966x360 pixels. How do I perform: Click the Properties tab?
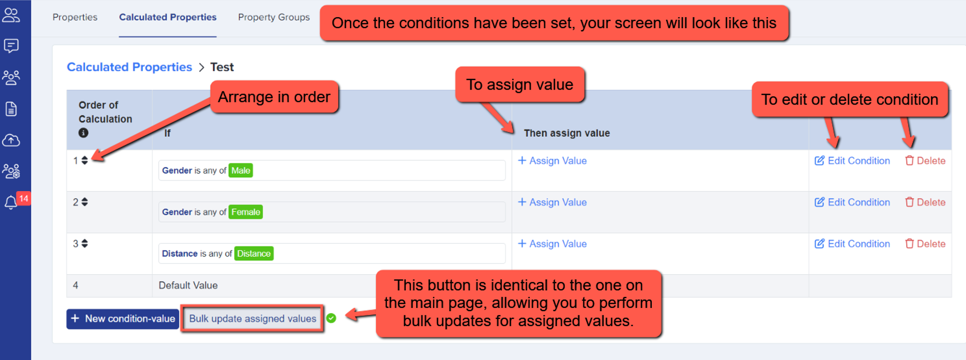pos(75,17)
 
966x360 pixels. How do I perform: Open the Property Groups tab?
pos(274,17)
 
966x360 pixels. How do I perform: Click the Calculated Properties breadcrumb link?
pos(130,67)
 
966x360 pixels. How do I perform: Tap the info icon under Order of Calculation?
pos(83,133)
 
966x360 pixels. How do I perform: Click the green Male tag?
pos(241,171)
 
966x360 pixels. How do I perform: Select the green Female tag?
pos(246,212)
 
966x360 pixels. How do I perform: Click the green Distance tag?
pos(254,254)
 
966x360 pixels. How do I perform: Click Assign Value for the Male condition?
pos(552,161)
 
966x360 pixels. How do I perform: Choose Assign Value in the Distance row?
pos(552,244)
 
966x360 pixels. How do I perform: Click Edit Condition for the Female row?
pos(852,202)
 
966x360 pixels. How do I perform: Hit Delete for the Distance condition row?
pos(925,244)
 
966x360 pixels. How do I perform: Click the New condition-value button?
pos(123,319)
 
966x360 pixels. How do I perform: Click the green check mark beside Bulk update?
pos(331,318)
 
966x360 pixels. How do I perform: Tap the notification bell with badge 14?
pos(11,202)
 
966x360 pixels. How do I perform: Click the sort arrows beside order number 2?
pos(84,202)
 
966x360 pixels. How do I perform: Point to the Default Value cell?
pos(188,286)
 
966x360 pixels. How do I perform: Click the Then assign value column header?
pos(567,133)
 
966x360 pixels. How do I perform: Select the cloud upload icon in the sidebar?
pos(11,140)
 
